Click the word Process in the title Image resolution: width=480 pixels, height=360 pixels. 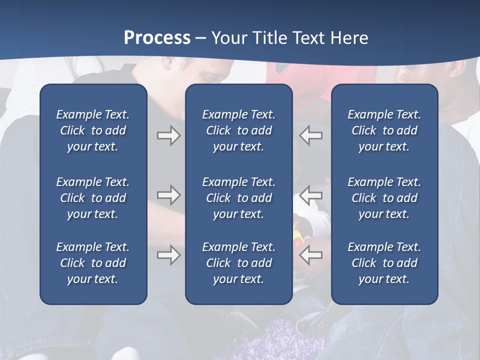[157, 38]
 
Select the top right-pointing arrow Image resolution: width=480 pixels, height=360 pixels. [168, 135]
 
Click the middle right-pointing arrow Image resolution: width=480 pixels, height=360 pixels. [168, 195]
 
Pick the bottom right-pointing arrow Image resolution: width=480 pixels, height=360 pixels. [168, 255]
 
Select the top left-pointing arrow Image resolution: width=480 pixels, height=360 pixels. [311, 135]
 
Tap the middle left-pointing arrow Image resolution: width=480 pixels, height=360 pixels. [311, 195]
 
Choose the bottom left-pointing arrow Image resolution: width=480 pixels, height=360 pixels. [311, 255]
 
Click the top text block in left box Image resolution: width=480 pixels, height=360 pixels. [93, 130]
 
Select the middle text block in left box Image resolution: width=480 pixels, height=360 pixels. [93, 198]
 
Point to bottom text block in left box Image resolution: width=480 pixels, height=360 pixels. [93, 263]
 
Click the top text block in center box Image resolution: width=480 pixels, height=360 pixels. [238, 130]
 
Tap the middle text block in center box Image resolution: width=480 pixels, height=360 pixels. [238, 198]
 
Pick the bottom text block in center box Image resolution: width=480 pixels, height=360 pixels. [238, 263]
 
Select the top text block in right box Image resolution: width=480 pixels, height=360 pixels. [384, 130]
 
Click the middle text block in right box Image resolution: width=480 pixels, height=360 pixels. [384, 198]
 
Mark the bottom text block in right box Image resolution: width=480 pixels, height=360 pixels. [384, 263]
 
